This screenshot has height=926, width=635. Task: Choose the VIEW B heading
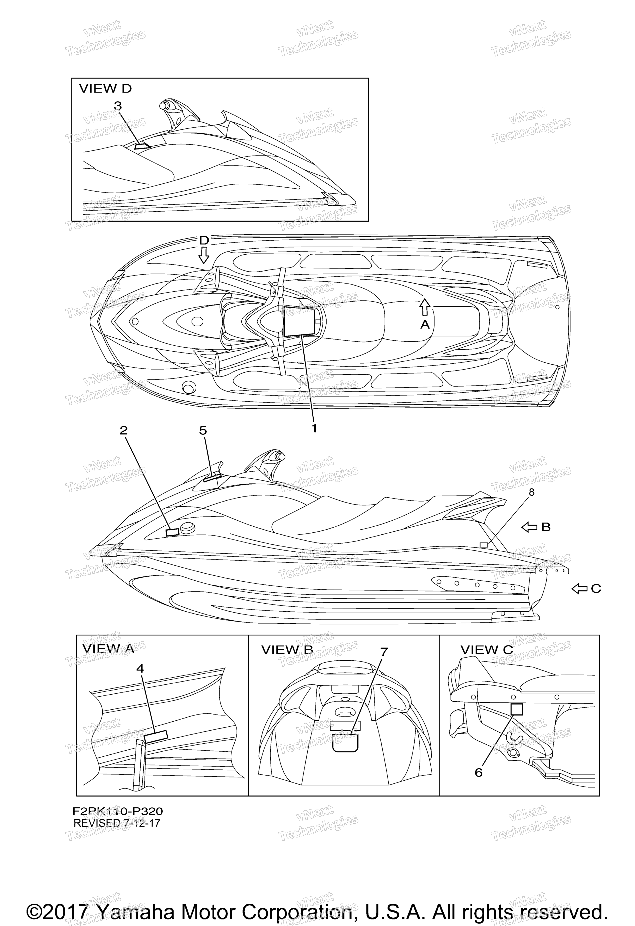287,650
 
